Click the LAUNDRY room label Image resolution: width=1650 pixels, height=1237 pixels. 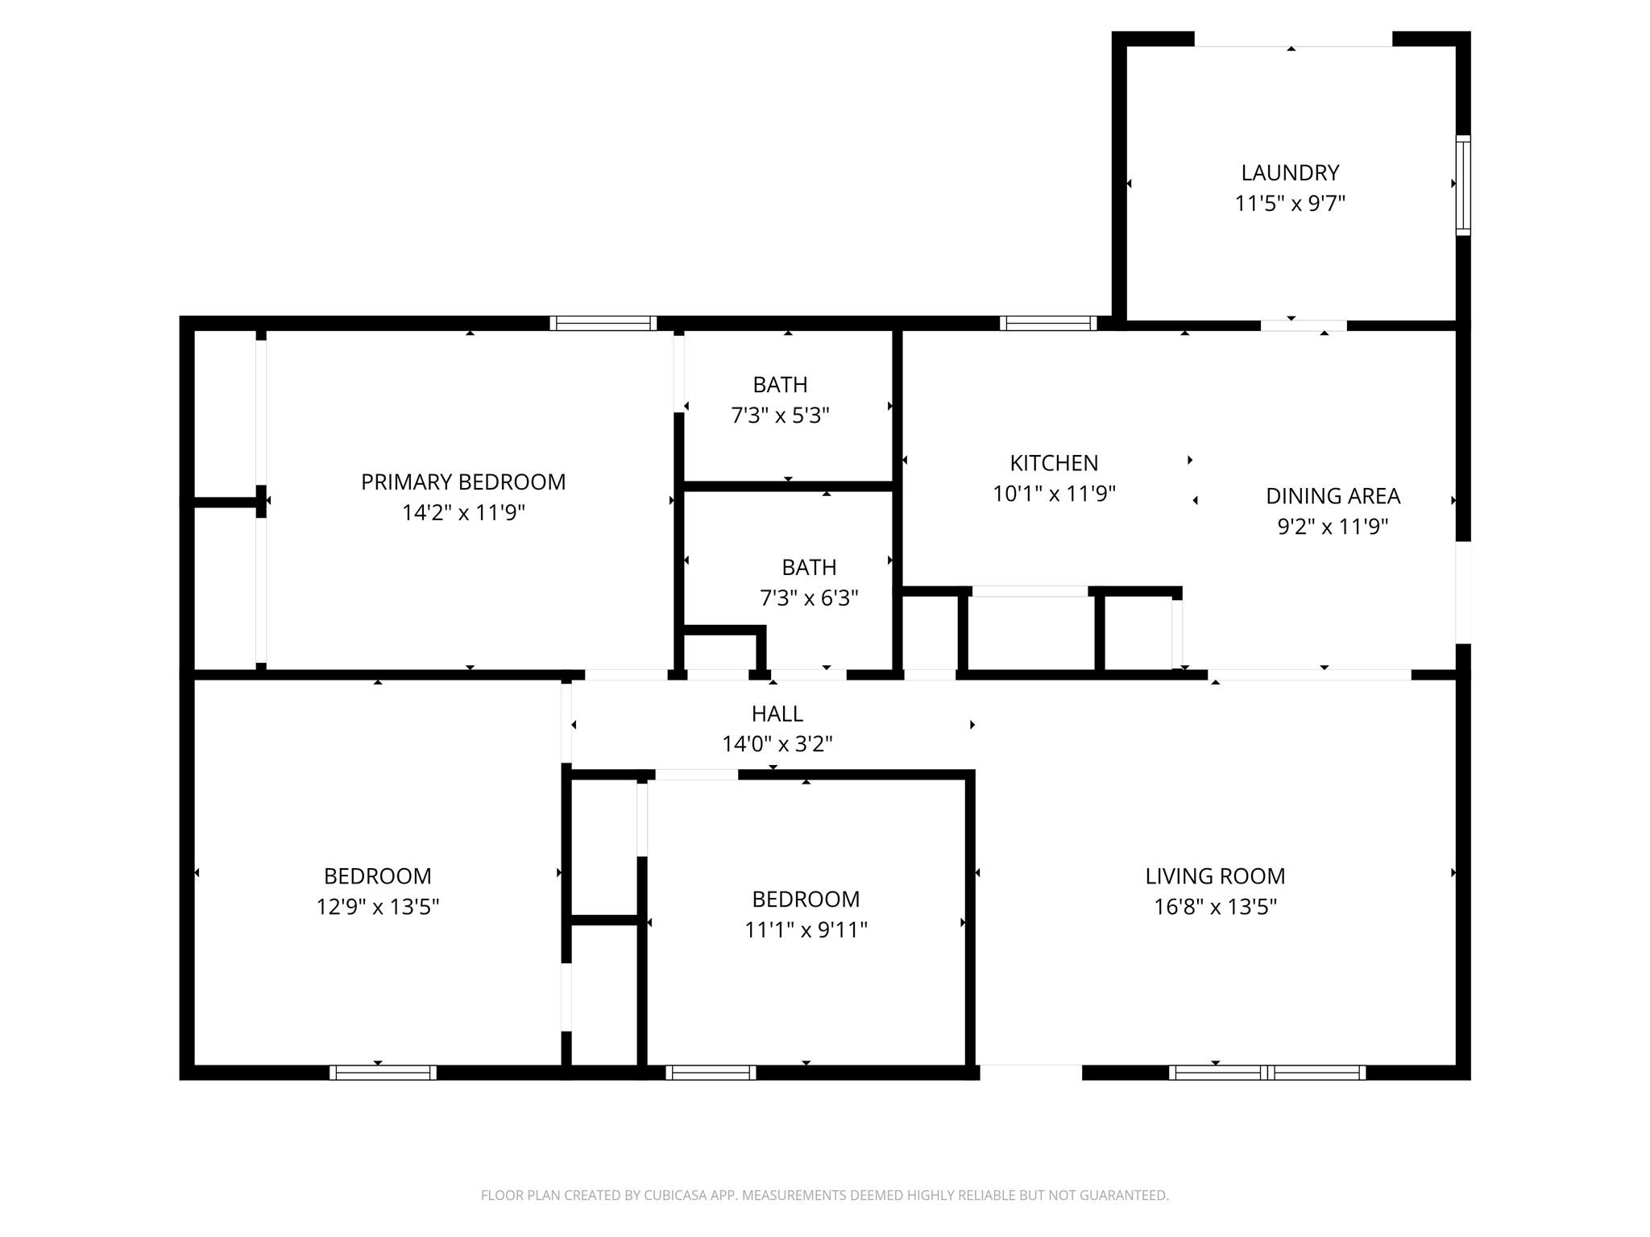pos(1290,172)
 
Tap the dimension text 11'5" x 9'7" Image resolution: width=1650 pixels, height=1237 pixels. pos(1290,203)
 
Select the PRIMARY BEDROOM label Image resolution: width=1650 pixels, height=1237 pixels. pos(463,482)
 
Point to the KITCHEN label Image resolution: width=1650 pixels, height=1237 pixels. pos(1054,463)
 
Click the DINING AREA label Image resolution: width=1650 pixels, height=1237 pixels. pos(1333,496)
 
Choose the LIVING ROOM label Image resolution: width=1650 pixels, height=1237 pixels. pos(1215,875)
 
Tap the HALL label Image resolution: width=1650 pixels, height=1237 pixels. pos(777,714)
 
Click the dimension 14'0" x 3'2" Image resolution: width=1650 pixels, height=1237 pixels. pos(777,744)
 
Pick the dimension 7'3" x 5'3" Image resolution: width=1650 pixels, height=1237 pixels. pos(780,416)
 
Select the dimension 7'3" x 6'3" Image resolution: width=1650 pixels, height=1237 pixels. pos(809,598)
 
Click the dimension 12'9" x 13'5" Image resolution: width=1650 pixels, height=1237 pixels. pos(377,907)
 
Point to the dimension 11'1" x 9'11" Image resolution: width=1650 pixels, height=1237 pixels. pos(806,929)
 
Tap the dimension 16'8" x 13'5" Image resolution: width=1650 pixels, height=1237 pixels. pos(1215,907)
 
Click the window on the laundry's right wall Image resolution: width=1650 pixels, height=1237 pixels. pos(1463,185)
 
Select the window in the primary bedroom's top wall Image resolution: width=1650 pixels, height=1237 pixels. pos(603,323)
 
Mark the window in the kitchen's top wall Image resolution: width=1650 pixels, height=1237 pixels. pos(1048,323)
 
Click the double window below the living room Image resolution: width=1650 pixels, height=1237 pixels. pos(1267,1072)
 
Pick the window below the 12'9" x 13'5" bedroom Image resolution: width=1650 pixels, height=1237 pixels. pos(383,1072)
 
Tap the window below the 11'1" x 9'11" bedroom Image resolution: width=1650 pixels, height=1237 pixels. pos(711,1072)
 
